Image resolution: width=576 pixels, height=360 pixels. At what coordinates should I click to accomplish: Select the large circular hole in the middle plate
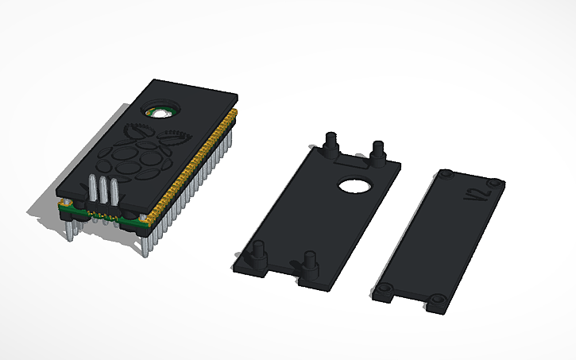point(354,188)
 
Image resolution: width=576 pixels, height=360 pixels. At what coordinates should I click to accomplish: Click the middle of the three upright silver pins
point(105,191)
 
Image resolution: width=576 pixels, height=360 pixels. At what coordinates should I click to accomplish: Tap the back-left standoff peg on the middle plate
point(331,143)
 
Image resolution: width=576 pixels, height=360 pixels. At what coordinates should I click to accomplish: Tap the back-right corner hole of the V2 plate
point(496,181)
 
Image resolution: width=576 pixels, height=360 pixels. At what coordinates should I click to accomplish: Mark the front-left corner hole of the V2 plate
point(386,289)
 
